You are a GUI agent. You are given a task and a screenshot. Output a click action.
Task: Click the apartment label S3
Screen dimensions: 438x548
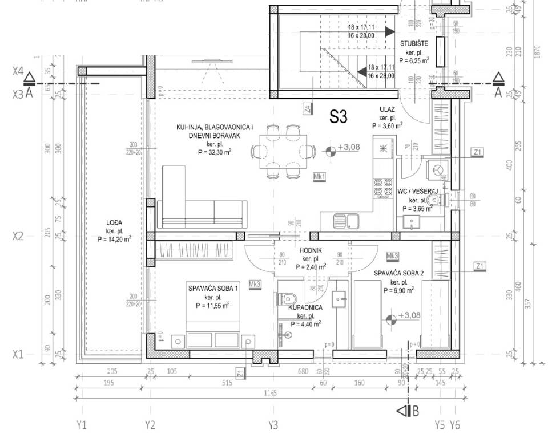pos(338,117)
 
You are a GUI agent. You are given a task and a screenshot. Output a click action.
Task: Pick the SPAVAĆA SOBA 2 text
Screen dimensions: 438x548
pos(399,273)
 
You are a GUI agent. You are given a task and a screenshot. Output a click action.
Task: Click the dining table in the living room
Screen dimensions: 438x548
pos(284,151)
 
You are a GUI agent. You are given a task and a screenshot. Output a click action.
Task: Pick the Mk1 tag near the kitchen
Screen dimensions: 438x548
pos(319,177)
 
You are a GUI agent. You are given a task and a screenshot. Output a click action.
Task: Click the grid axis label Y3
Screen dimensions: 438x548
pos(273,425)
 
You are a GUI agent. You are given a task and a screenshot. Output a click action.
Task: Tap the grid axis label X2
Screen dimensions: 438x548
pos(18,236)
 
